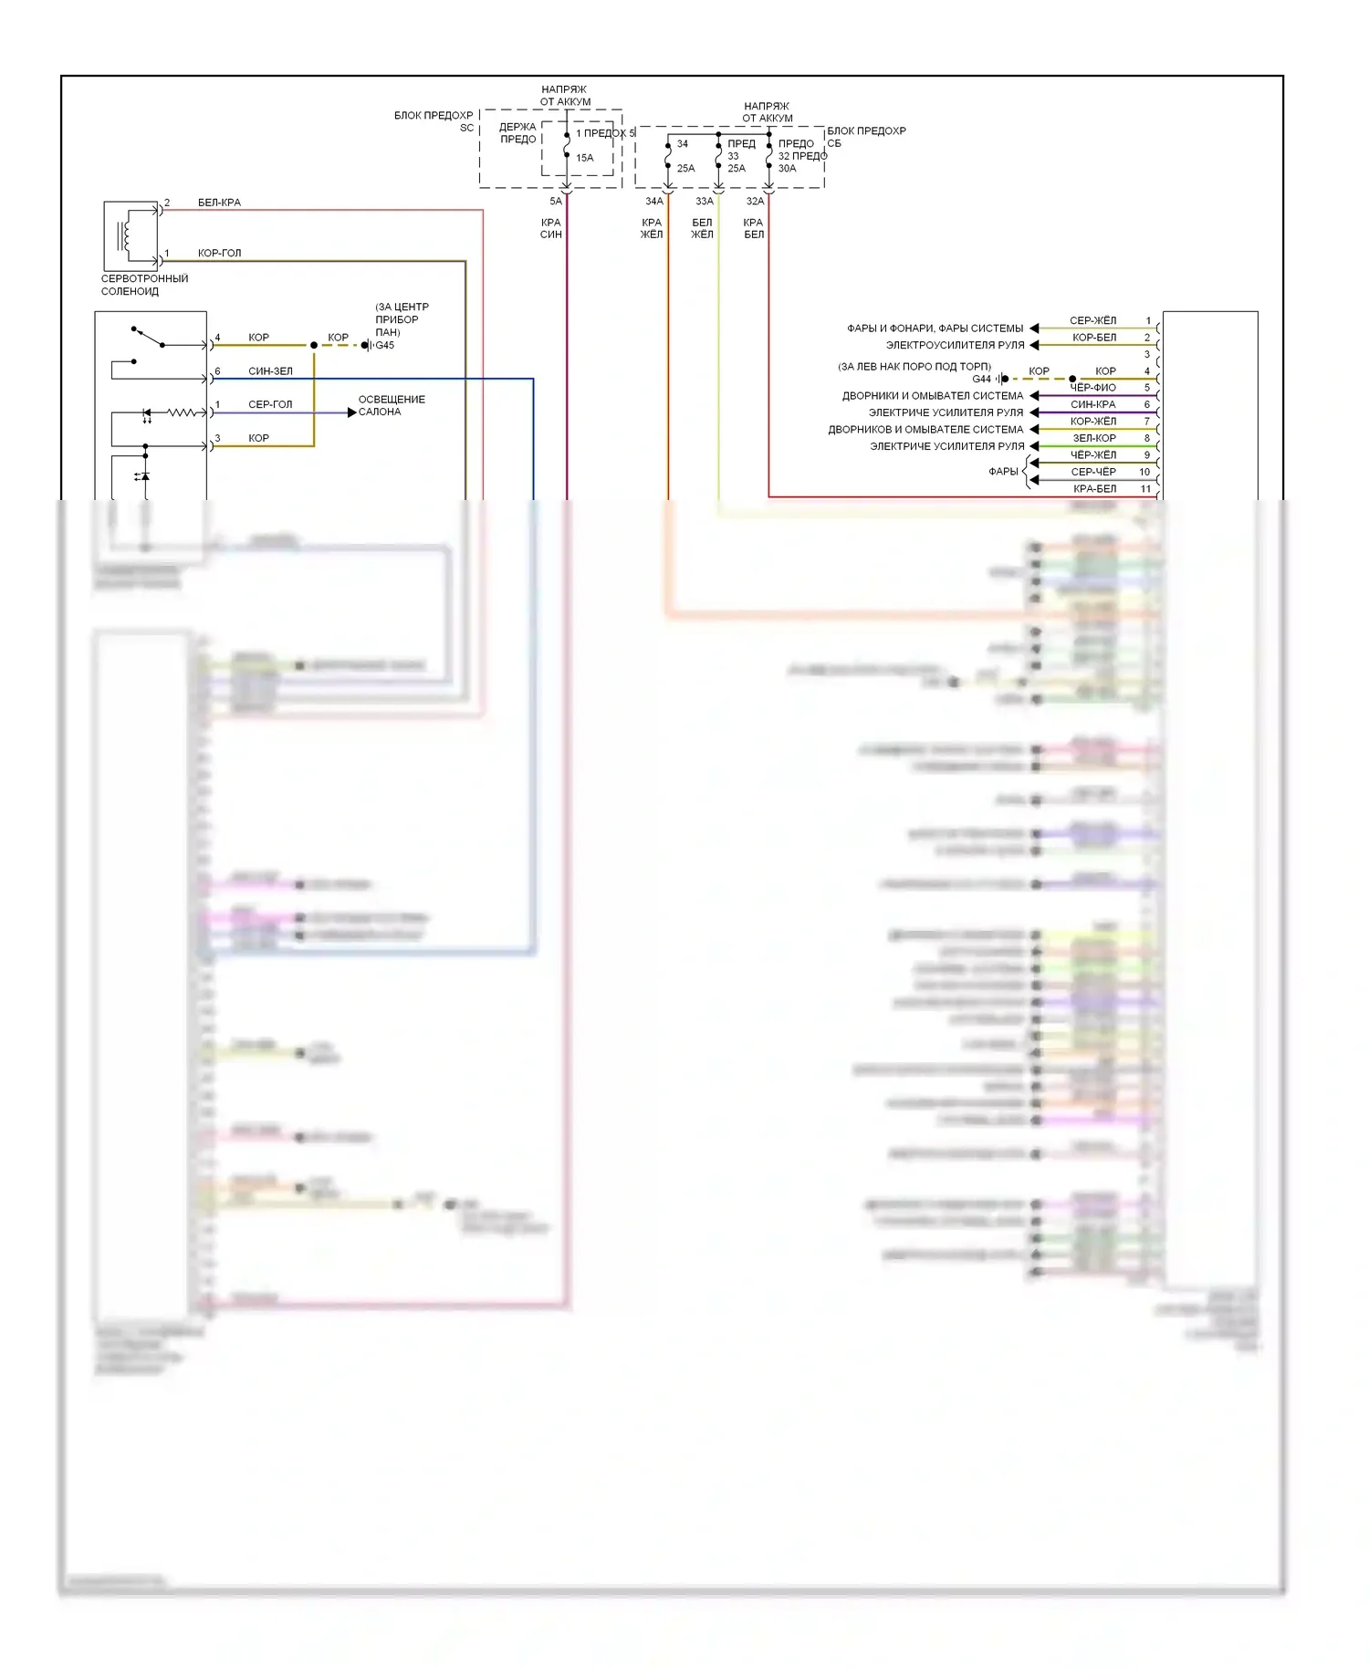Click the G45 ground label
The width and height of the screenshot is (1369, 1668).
click(385, 346)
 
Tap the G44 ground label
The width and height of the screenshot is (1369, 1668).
click(981, 379)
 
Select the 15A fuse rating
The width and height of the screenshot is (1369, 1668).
click(584, 158)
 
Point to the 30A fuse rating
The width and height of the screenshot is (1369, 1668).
click(787, 169)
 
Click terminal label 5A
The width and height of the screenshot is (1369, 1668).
click(555, 202)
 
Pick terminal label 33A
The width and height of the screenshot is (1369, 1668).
click(705, 202)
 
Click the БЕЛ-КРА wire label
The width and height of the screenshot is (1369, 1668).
click(219, 203)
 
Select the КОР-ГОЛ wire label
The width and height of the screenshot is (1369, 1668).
click(219, 254)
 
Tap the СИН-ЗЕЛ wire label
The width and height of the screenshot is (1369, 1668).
click(270, 371)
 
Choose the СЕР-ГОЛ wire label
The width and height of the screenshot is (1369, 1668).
click(270, 405)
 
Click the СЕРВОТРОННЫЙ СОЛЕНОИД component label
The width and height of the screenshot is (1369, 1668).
click(144, 286)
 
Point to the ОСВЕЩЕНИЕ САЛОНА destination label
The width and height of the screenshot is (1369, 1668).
click(391, 406)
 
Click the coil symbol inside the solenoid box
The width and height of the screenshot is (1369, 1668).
click(125, 234)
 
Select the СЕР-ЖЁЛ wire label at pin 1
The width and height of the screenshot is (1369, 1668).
click(1092, 321)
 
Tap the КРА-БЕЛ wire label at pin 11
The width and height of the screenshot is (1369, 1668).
click(1094, 489)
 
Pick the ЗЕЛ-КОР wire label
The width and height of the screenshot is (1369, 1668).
click(1094, 439)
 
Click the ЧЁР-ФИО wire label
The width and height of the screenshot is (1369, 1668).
click(1092, 389)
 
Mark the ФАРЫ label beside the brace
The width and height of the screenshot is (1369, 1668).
click(1002, 472)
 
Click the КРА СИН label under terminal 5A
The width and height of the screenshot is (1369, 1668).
click(550, 229)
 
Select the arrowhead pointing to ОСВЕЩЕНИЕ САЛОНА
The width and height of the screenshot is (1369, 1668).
click(351, 412)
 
